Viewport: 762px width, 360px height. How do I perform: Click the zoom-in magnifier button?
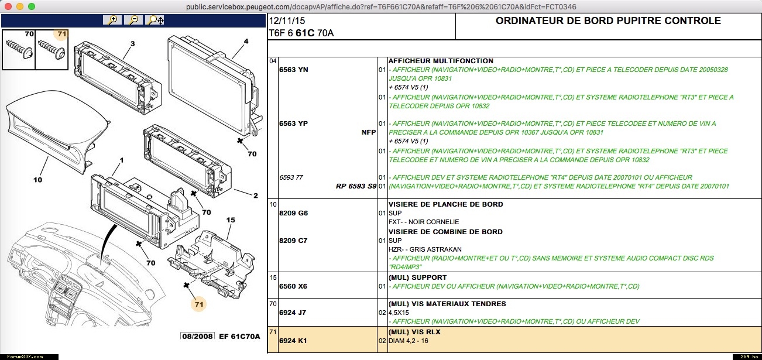112,20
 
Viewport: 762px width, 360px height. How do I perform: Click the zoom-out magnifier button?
133,20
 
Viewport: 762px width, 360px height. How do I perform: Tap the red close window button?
8,6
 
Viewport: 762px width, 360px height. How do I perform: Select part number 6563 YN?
294,70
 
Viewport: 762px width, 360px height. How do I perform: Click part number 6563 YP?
294,124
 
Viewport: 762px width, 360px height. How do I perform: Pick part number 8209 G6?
294,213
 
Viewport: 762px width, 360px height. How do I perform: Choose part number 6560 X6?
293,286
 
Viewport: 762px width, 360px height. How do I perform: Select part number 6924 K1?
293,341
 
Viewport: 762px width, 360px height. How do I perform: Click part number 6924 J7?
293,313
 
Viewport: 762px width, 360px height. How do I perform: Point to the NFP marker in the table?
368,132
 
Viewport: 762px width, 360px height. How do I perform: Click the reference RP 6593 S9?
356,186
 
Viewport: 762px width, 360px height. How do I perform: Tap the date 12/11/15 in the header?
287,20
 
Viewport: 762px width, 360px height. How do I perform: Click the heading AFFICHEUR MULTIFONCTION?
441,61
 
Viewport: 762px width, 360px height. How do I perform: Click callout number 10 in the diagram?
38,180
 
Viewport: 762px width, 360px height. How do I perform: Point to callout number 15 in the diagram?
231,220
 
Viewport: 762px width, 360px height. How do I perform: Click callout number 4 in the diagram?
246,41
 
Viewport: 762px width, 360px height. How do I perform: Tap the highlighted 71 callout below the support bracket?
199,304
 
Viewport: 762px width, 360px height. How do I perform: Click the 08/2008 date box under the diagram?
198,336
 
